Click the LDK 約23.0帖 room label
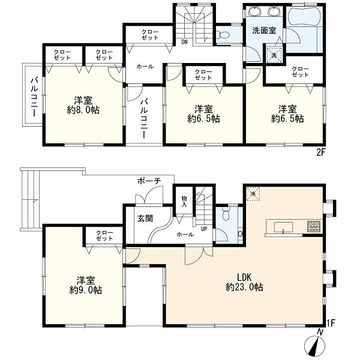point(244,282)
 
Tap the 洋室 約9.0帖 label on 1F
point(85,286)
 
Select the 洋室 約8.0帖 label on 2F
point(83,105)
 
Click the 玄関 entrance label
point(145,218)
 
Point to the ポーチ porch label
point(149,181)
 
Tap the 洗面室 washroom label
point(264,31)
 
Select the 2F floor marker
point(321,152)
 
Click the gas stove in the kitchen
point(314,226)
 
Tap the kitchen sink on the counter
point(283,227)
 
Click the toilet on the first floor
point(226,214)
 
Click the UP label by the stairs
point(204,229)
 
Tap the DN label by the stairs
point(184,42)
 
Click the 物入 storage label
point(184,201)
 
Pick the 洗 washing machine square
point(274,55)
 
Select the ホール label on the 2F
point(145,67)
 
